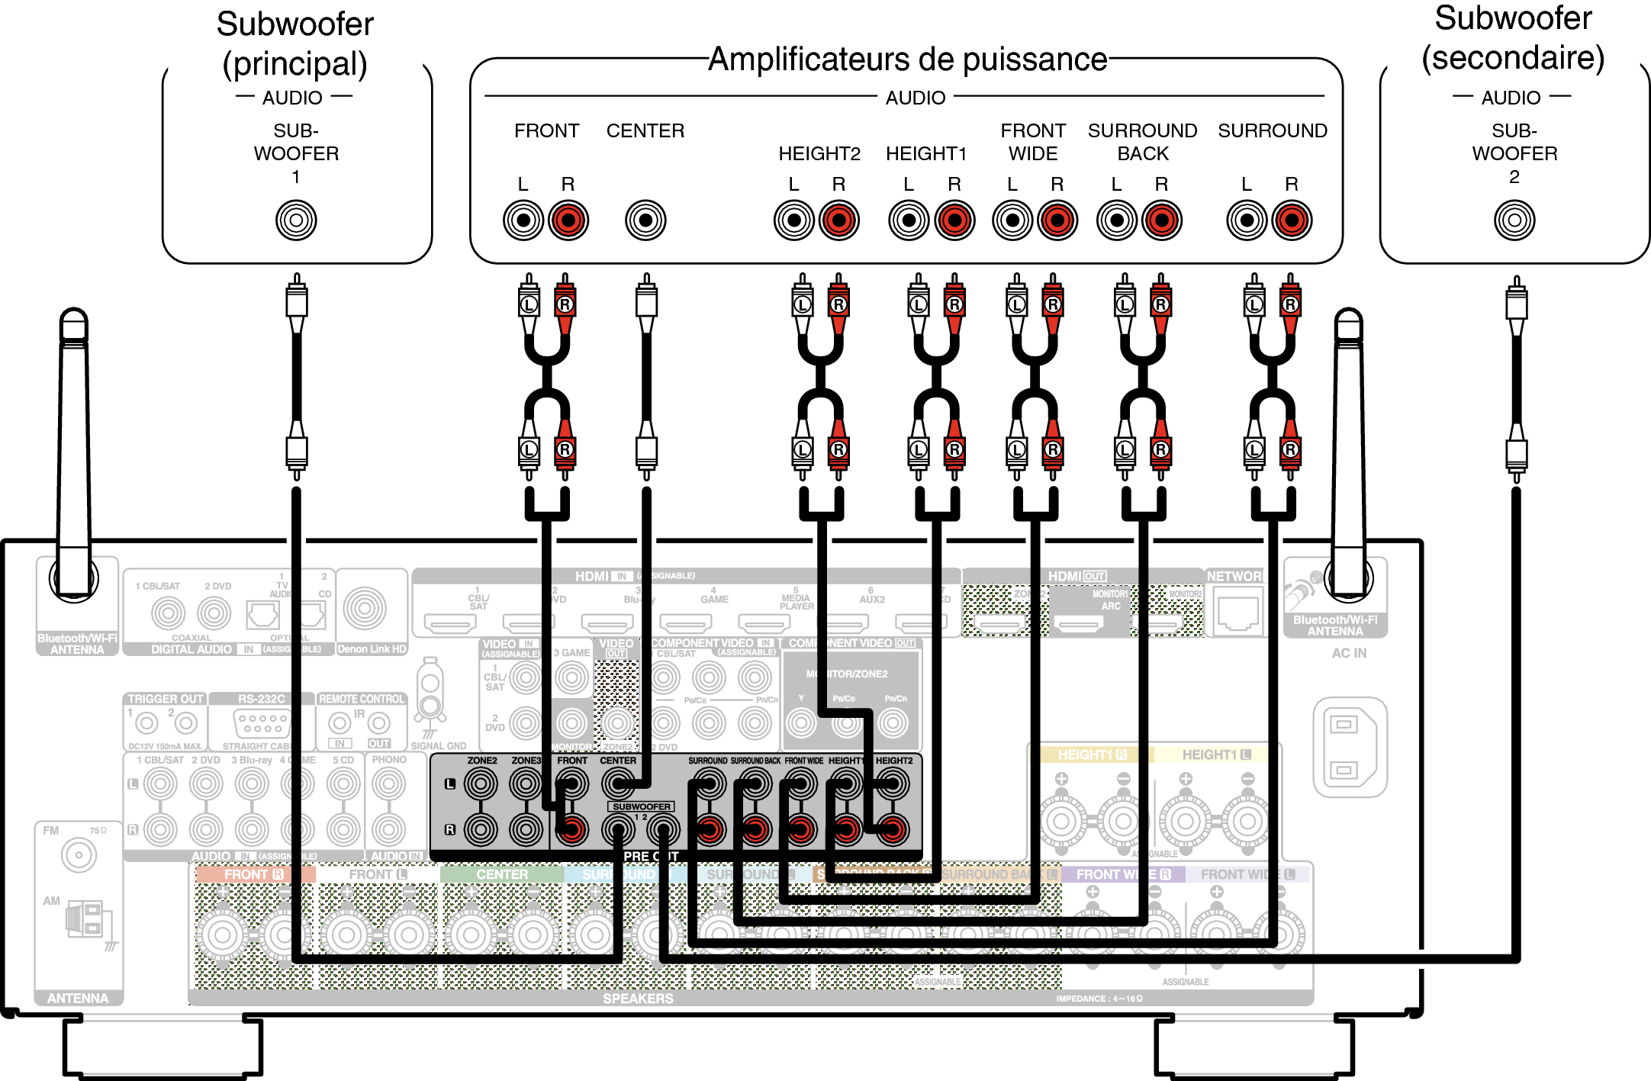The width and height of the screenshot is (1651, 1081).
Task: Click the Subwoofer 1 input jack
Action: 296,220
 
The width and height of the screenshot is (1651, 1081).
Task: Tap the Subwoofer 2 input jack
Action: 1514,220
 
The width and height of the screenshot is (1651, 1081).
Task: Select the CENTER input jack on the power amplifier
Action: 645,220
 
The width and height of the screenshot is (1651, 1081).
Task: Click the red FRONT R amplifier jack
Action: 568,220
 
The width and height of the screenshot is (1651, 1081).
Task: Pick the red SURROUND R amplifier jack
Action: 1292,220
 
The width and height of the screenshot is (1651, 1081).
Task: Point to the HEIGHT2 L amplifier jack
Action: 794,220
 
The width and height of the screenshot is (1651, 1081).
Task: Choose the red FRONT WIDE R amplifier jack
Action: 1057,220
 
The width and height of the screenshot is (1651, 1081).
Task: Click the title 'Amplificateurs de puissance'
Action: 907,60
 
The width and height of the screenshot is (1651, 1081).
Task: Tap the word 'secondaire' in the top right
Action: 1513,58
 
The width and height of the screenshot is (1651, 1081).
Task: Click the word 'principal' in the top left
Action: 294,64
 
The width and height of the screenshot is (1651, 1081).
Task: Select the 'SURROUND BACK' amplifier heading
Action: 1142,142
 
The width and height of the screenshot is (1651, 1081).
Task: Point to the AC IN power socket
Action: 1349,748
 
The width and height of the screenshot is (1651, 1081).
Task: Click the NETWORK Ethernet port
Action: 1237,613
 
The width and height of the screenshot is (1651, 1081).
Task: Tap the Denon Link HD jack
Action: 365,608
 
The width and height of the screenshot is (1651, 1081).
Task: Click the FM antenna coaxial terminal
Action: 79,855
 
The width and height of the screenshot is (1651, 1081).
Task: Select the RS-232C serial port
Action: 262,721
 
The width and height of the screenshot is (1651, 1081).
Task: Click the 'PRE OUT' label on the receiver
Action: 650,857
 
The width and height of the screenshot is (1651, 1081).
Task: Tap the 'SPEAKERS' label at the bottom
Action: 638,999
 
